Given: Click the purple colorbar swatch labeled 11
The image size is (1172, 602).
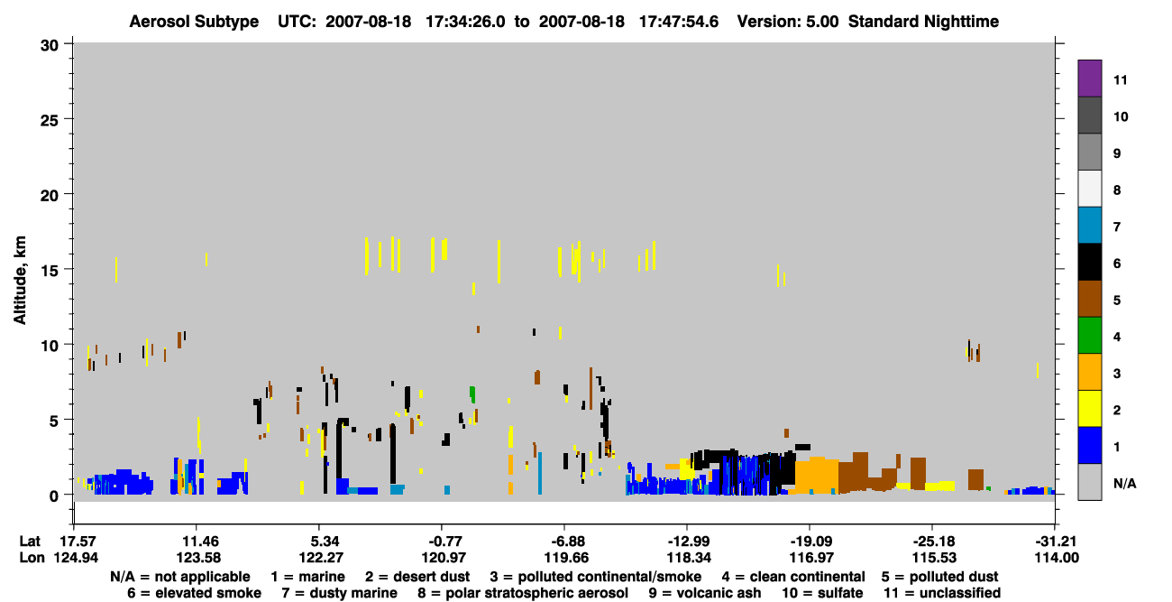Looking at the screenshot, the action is [1089, 78].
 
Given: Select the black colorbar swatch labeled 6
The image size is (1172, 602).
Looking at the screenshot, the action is [1089, 262].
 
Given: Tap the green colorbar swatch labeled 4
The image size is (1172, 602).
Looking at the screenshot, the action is [1089, 336].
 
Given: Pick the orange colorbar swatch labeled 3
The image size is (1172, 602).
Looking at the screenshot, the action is [1089, 372].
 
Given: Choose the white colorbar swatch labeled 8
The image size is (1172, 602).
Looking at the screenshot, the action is [1089, 188].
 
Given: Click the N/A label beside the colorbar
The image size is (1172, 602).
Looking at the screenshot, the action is [1124, 483].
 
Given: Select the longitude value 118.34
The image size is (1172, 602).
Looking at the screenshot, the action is [688, 558].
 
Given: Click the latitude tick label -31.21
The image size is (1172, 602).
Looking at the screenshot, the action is [1055, 542].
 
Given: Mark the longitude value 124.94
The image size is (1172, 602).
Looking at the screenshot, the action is [76, 558].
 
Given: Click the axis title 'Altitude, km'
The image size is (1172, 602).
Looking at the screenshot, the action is [20, 281].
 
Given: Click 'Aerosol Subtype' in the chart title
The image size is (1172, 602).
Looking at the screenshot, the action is [194, 22].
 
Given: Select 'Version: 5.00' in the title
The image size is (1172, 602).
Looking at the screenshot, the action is [788, 22].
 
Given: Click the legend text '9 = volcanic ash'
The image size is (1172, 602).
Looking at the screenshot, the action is [705, 593].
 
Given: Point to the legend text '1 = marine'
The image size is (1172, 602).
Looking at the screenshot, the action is [307, 577].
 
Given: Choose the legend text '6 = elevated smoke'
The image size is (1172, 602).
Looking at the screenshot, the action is [194, 593].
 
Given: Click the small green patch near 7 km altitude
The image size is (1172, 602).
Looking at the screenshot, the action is [472, 394].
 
